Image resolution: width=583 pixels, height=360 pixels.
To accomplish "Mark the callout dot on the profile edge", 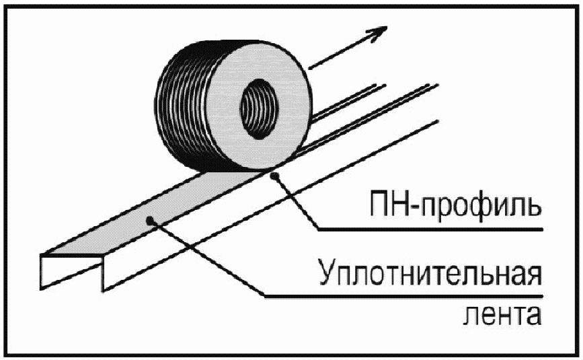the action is tap(274, 176).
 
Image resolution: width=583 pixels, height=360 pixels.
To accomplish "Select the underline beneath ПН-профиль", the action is tap(430, 229).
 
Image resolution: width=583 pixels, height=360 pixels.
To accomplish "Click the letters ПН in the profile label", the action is tap(389, 202).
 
